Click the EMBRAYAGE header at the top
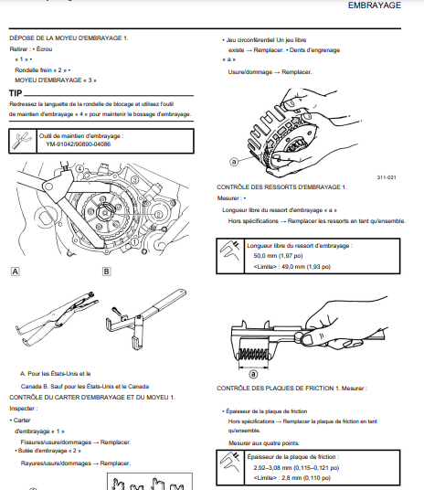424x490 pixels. (x=375, y=5)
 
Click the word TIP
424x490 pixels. (x=16, y=93)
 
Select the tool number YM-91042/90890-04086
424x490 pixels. (x=78, y=144)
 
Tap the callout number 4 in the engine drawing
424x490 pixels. (x=80, y=169)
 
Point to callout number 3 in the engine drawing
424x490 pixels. (x=134, y=180)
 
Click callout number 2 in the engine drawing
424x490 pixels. (x=158, y=214)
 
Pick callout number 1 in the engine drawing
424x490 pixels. (x=134, y=241)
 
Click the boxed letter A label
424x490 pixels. (x=15, y=272)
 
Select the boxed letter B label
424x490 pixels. (x=106, y=272)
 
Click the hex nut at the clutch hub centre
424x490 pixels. (x=104, y=212)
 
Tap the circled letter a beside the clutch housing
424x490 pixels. (x=234, y=161)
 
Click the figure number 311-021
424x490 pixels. (x=387, y=177)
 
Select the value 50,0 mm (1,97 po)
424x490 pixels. (x=278, y=256)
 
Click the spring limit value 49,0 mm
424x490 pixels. (x=293, y=267)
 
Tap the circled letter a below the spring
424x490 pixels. (x=253, y=374)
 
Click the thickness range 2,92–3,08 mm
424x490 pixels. (x=273, y=468)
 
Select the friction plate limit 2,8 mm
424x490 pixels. (x=291, y=478)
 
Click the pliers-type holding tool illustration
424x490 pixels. (x=58, y=316)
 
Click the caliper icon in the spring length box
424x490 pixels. (x=230, y=250)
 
